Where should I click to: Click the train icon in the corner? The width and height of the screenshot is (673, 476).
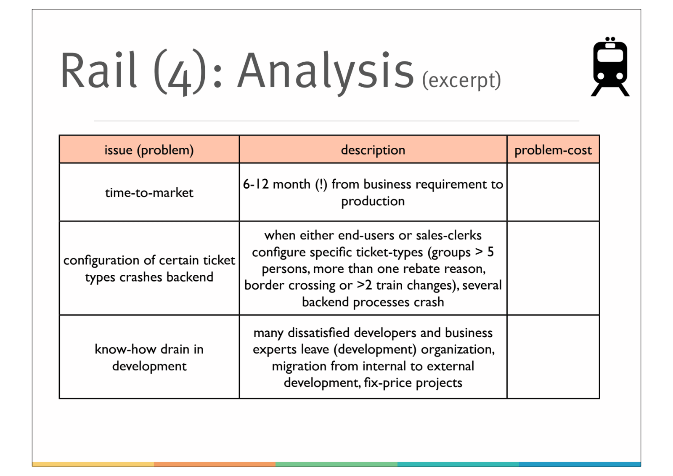pyautogui.click(x=610, y=67)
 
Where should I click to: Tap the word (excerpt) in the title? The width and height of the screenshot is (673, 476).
pyautogui.click(x=461, y=80)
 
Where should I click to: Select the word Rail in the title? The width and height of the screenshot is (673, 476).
pyautogui.click(x=99, y=71)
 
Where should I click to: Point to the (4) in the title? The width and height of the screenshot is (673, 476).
pyautogui.click(x=180, y=72)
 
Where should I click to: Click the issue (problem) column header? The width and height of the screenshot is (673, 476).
pyautogui.click(x=149, y=150)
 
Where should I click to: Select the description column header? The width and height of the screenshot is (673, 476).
pyautogui.click(x=373, y=150)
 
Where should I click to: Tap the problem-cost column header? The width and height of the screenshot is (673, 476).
pyautogui.click(x=553, y=150)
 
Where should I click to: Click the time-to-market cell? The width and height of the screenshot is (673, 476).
pyautogui.click(x=149, y=193)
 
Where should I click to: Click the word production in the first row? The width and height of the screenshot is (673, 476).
pyautogui.click(x=373, y=201)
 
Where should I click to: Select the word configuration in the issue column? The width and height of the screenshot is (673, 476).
pyautogui.click(x=101, y=261)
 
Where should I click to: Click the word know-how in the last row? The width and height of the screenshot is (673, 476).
pyautogui.click(x=125, y=349)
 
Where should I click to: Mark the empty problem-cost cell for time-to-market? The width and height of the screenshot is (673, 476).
pyautogui.click(x=553, y=192)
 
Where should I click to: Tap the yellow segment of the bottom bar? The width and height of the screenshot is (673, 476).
pyautogui.click(x=93, y=464)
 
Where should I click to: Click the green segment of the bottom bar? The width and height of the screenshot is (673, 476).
pyautogui.click(x=336, y=464)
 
